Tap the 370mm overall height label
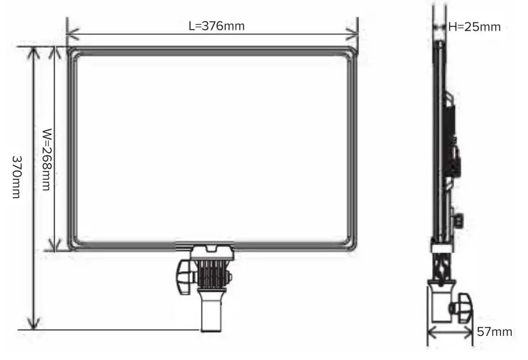[x=16, y=177]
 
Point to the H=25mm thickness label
[x=475, y=27]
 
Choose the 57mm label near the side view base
[x=494, y=332]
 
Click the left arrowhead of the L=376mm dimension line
[x=71, y=34]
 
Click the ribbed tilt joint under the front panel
[x=211, y=273]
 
